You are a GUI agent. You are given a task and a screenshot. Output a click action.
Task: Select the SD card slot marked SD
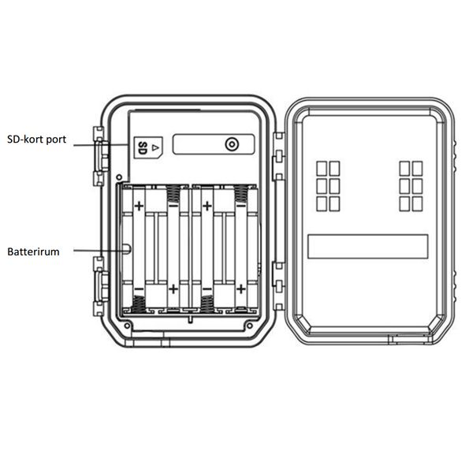coord(147,147)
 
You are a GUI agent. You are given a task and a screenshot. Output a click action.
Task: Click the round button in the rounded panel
coord(231,145)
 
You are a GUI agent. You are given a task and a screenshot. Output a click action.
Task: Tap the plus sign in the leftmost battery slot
coord(139,207)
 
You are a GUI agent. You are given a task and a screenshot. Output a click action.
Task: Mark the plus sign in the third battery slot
coord(207,207)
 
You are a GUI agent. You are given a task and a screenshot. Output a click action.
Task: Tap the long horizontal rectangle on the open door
coord(367,246)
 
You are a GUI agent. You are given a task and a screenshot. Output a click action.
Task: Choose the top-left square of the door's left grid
coord(322,169)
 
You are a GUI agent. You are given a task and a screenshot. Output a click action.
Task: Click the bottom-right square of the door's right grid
coord(418,203)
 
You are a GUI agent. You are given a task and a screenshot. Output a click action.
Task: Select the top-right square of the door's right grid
coord(418,169)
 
